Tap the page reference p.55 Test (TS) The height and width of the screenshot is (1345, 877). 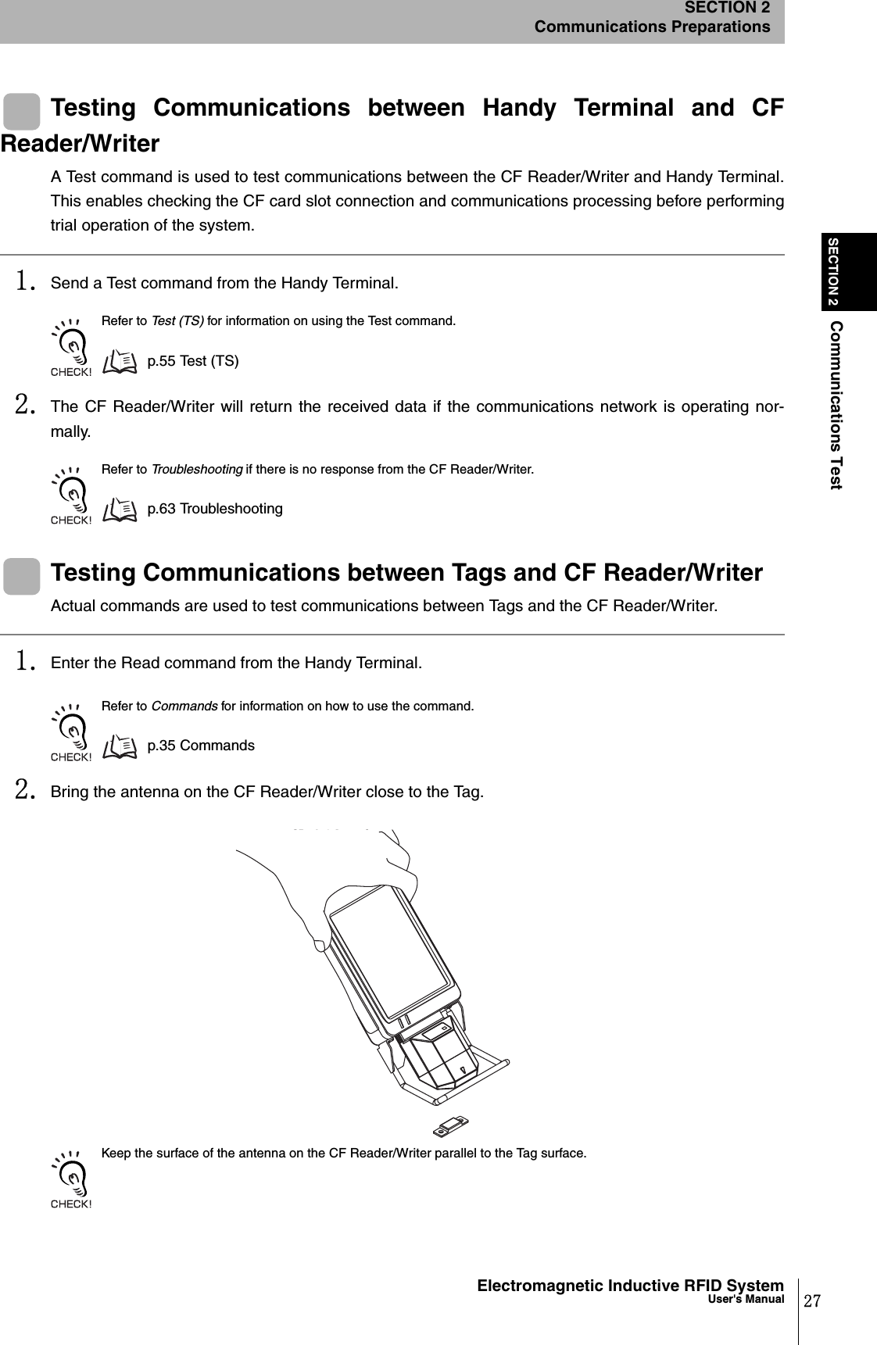coord(193,361)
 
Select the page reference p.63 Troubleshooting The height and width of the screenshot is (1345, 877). coord(215,509)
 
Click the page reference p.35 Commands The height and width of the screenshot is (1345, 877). coord(201,745)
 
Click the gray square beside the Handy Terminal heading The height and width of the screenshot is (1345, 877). coord(22,110)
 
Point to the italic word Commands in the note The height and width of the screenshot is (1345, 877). coord(184,706)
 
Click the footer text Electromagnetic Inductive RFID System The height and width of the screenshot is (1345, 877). coord(630,1286)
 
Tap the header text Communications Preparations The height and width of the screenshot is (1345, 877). coord(652,27)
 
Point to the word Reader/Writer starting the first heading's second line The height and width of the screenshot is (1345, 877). coord(80,145)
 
